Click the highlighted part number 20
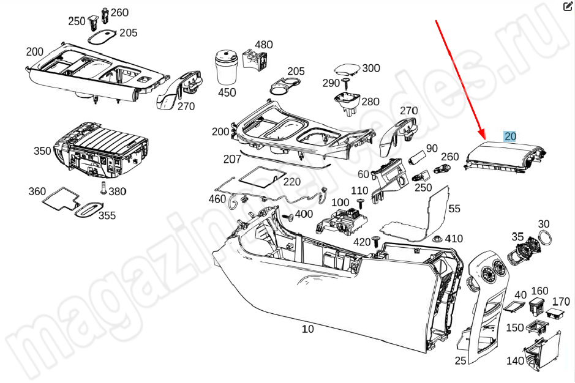[510, 136]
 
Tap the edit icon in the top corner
[566, 7]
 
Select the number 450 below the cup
[227, 92]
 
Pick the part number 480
[263, 45]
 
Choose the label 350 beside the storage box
[42, 151]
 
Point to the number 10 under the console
[307, 329]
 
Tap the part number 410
[454, 239]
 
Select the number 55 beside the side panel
[454, 209]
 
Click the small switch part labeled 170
[557, 313]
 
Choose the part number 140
[515, 361]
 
